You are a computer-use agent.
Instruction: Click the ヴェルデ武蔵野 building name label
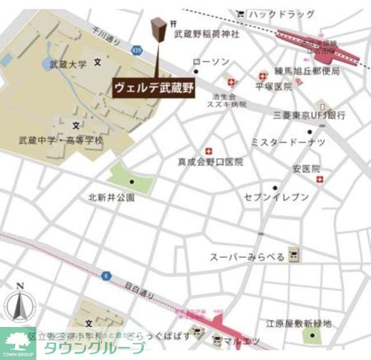click(153, 88)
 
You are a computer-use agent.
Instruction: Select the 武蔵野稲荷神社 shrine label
click(206, 34)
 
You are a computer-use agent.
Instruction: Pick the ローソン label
click(211, 62)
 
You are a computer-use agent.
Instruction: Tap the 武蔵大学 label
click(67, 64)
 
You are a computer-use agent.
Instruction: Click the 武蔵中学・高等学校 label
click(61, 140)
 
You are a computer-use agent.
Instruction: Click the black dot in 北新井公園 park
click(132, 182)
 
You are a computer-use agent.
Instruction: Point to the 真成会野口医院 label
click(210, 162)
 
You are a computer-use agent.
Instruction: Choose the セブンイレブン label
click(277, 197)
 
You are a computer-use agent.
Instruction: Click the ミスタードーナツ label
click(288, 142)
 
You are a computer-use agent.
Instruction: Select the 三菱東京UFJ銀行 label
click(310, 115)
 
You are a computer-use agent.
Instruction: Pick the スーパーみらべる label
click(248, 256)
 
